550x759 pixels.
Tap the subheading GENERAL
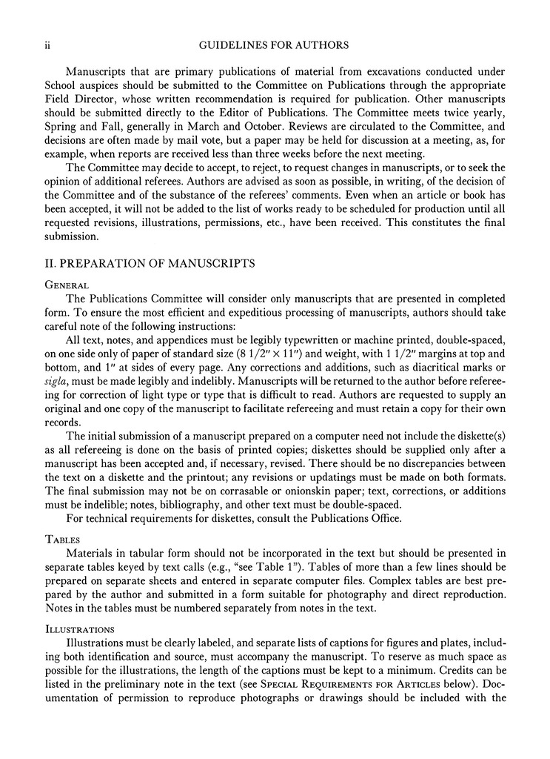67,285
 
